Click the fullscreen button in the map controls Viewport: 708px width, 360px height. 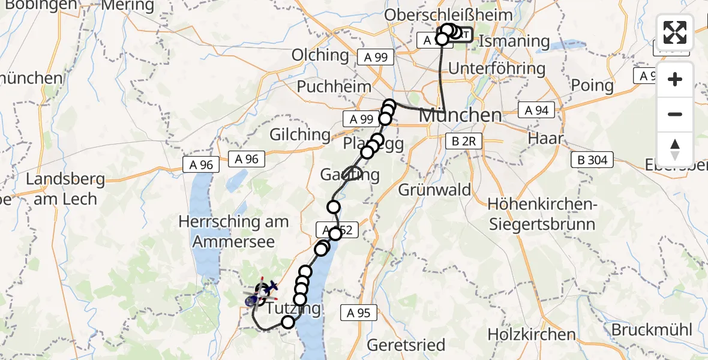pos(675,32)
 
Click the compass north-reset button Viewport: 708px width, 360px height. pos(675,148)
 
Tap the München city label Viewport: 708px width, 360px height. pos(460,115)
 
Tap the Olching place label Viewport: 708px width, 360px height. pos(320,55)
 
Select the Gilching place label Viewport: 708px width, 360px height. pos(300,134)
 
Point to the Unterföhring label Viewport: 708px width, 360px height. pos(497,68)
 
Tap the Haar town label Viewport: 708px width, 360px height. pos(545,138)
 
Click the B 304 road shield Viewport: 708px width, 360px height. pos(593,160)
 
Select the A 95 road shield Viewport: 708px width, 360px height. pos(359,312)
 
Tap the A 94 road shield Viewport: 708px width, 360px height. pos(537,110)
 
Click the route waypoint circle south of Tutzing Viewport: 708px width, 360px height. pos(288,322)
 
